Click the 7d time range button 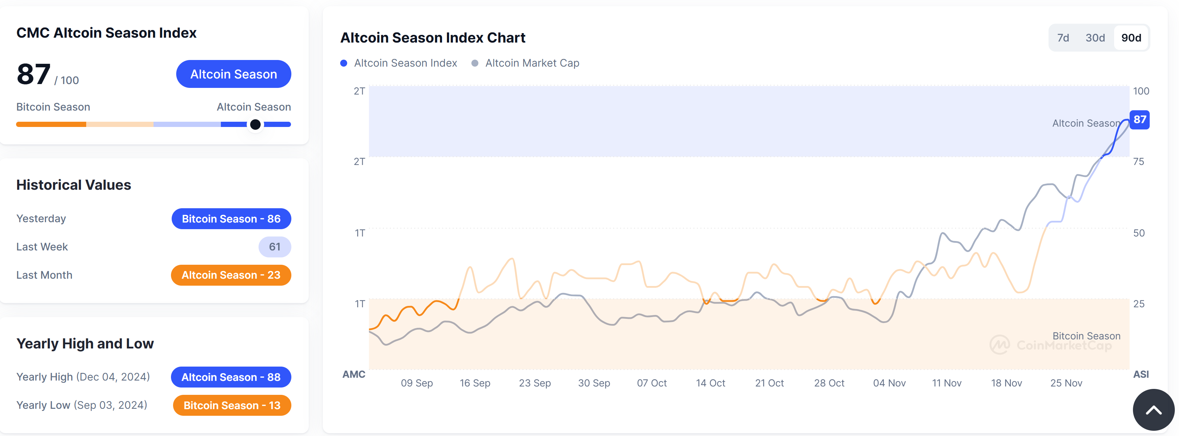pyautogui.click(x=1063, y=38)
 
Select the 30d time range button pyautogui.click(x=1095, y=38)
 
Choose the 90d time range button pyautogui.click(x=1131, y=38)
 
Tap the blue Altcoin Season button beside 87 pyautogui.click(x=233, y=74)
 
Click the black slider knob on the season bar pyautogui.click(x=255, y=125)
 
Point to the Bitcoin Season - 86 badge pyautogui.click(x=231, y=219)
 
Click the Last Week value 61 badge pyautogui.click(x=275, y=247)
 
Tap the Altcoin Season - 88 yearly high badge pyautogui.click(x=231, y=377)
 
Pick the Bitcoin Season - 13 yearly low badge pyautogui.click(x=232, y=406)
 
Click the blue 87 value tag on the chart pyautogui.click(x=1139, y=120)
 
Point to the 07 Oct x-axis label pyautogui.click(x=652, y=383)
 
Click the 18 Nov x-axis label pyautogui.click(x=1006, y=383)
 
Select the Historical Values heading pyautogui.click(x=74, y=185)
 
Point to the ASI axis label pyautogui.click(x=1141, y=375)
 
